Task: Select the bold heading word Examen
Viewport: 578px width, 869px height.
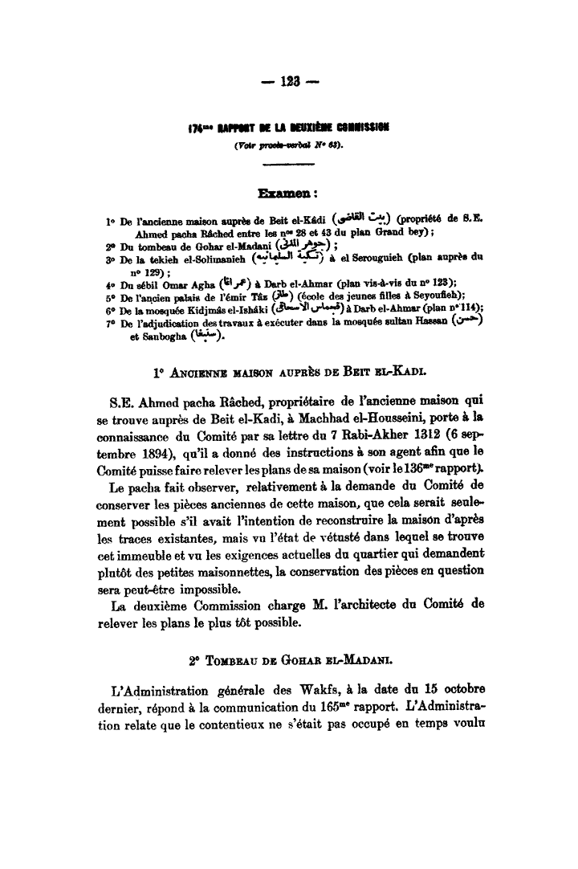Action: pos(285,193)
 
